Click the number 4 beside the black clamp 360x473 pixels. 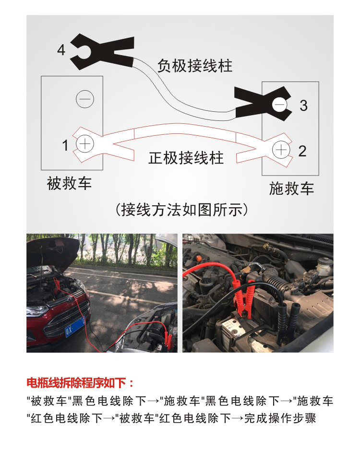pos(61,49)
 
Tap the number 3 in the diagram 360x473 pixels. pos(303,105)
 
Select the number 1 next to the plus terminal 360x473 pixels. pos(65,145)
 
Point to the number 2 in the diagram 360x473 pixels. pos(302,151)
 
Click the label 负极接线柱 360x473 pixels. pos(195,66)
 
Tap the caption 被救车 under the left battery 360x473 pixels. pos(69,183)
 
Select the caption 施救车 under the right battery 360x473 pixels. pos(291,188)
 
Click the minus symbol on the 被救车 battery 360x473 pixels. pos(85,99)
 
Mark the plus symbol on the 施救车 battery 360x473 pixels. pos(281,150)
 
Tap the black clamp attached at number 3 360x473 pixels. pos(262,102)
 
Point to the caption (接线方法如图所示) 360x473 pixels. pos(182,210)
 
